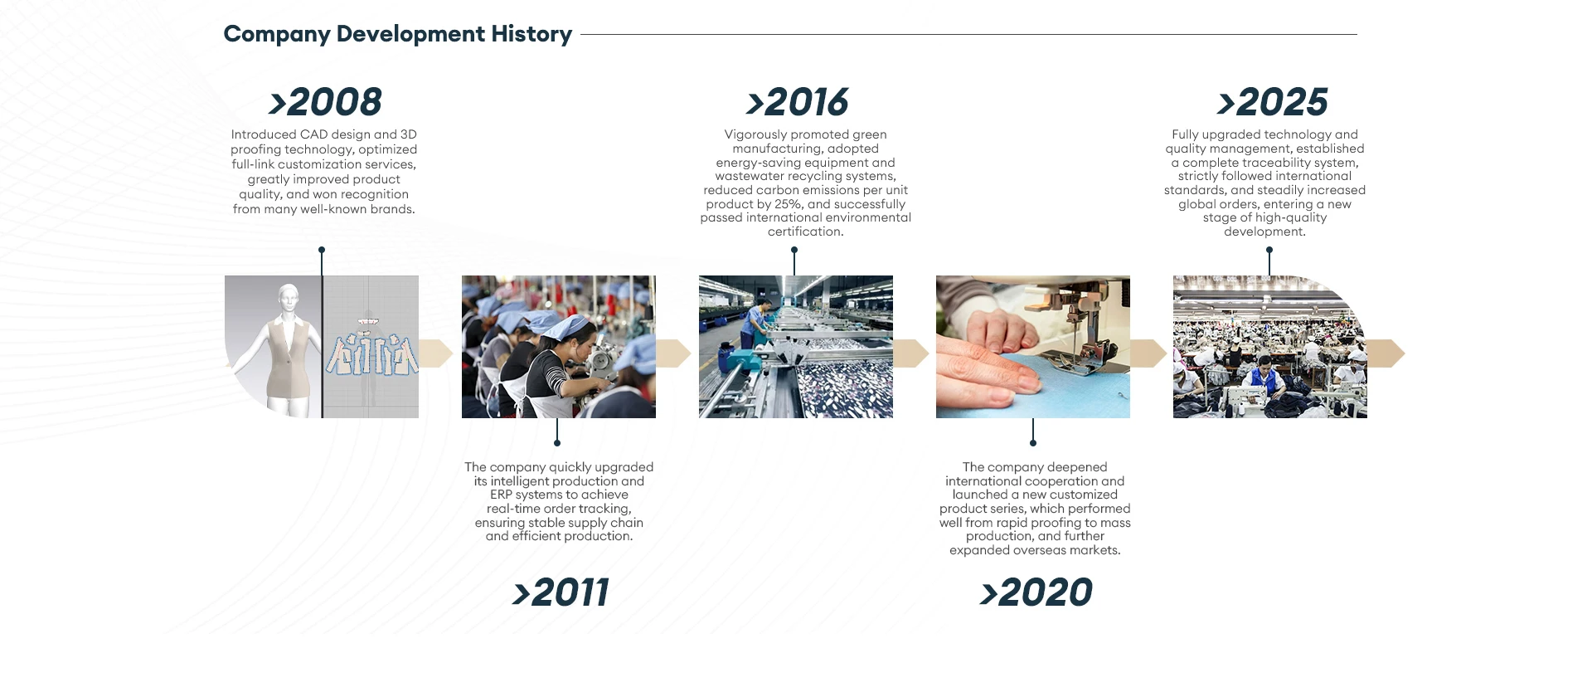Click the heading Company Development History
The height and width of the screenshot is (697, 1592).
coord(398,34)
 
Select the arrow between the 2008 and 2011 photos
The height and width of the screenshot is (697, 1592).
coord(435,353)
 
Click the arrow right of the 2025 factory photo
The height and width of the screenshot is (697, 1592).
coord(1386,353)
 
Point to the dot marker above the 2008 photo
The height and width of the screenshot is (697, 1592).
coord(322,250)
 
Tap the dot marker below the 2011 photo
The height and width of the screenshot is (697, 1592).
coord(557,443)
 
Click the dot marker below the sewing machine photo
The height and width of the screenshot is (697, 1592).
coord(1033,443)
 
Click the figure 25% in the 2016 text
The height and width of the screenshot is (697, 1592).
coord(789,204)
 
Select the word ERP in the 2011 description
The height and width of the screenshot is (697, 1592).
coord(501,495)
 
